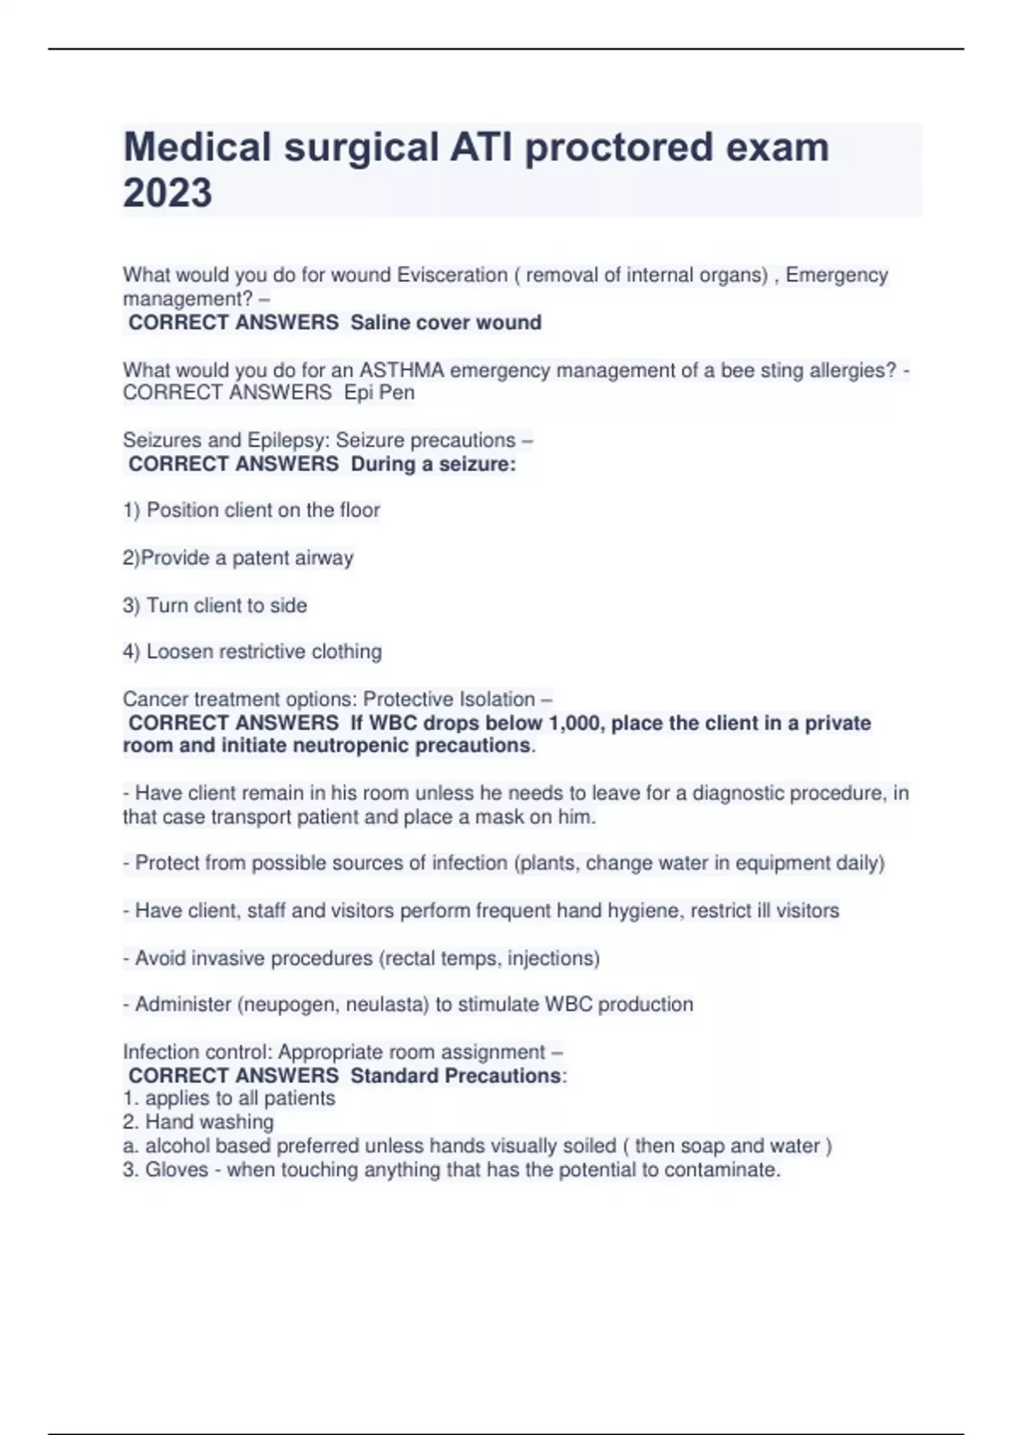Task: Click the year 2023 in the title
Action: click(167, 192)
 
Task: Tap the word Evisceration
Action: click(452, 275)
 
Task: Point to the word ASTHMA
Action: click(401, 370)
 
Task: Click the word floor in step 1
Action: click(360, 510)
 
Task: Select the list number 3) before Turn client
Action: click(132, 605)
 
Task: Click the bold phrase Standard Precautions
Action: click(456, 1075)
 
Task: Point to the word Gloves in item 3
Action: click(176, 1170)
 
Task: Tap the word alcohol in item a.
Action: click(176, 1146)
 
